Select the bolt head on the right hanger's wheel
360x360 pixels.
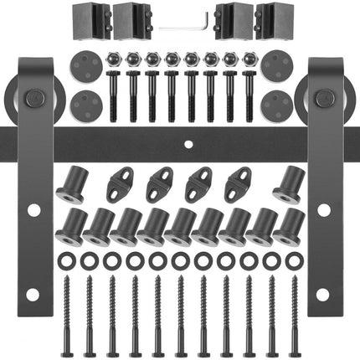coord(321,100)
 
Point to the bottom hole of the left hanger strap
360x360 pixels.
coord(32,294)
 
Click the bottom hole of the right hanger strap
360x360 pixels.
coord(322,294)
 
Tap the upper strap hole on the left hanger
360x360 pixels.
coord(32,209)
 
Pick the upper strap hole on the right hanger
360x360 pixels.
coord(322,209)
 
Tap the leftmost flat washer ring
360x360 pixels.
coord(64,261)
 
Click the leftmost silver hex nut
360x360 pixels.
coord(113,60)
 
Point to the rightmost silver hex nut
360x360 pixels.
coord(249,60)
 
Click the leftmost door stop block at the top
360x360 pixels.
coord(84,18)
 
